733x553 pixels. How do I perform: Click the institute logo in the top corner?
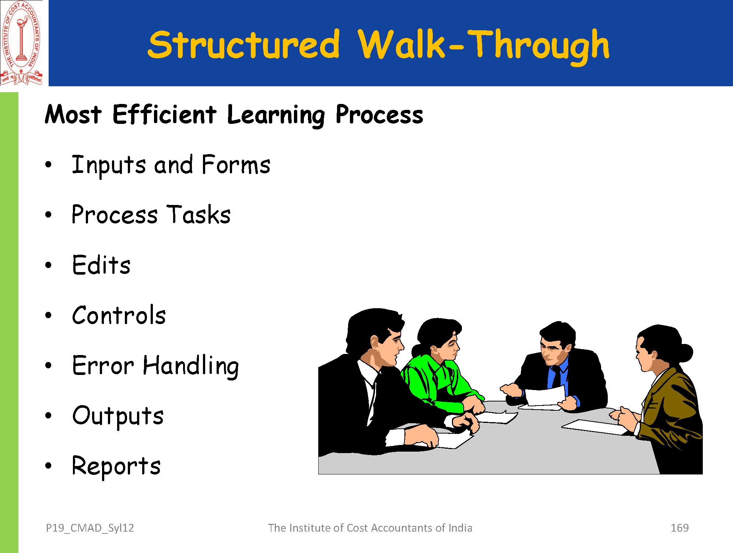[x=21, y=43]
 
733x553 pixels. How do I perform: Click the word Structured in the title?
[x=243, y=44]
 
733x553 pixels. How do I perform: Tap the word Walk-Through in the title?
[x=484, y=46]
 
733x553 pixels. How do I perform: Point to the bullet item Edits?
[x=101, y=265]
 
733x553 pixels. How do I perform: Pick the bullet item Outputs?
[x=118, y=416]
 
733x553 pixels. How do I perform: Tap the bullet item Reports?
[x=116, y=466]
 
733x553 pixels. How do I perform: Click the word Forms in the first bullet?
[x=236, y=164]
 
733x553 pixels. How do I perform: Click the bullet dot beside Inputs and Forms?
[x=48, y=164]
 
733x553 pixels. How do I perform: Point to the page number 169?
[x=680, y=528]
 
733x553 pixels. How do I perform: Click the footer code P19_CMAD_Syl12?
[x=90, y=528]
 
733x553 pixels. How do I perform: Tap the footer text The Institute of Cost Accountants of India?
[x=370, y=528]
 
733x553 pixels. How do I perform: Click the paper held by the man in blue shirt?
[x=544, y=397]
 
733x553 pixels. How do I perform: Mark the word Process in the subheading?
[x=379, y=115]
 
